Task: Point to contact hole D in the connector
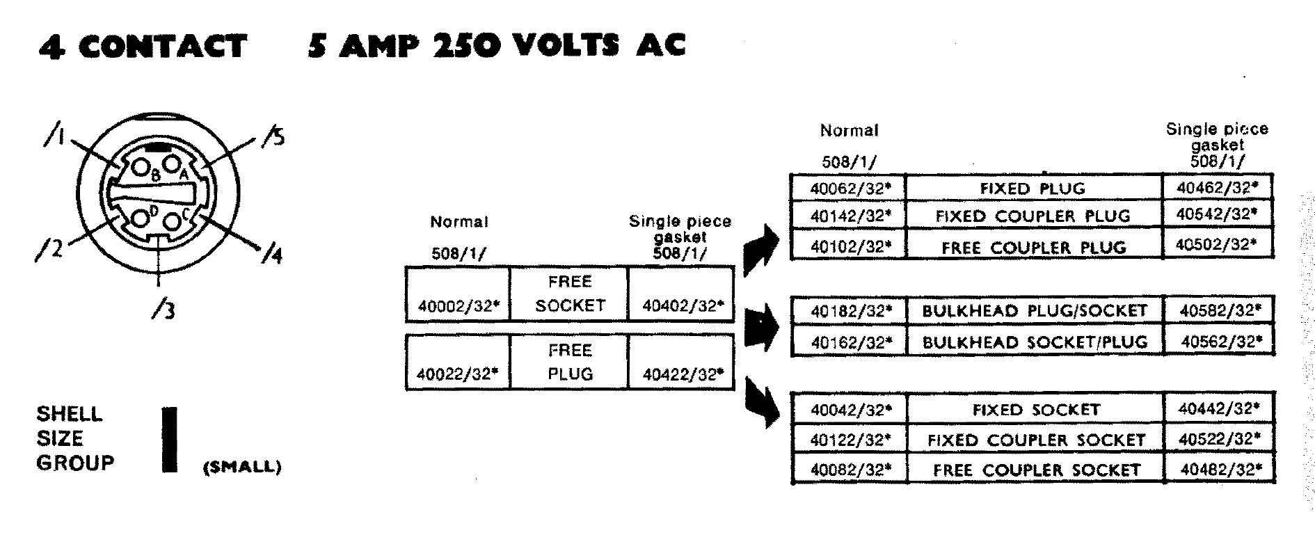(141, 217)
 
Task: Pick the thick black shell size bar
(169, 440)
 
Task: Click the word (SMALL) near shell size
(241, 468)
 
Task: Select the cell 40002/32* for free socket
(459, 306)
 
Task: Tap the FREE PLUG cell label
(570, 362)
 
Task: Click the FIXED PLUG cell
(1033, 189)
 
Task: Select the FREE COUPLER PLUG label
(1033, 248)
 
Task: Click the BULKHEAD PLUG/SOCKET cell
(1034, 311)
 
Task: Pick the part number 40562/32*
(1220, 342)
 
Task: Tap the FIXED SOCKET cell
(1036, 410)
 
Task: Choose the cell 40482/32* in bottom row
(1220, 470)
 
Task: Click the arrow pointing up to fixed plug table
(762, 248)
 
